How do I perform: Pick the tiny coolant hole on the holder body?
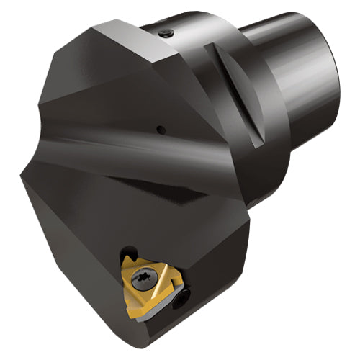[161, 130]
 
